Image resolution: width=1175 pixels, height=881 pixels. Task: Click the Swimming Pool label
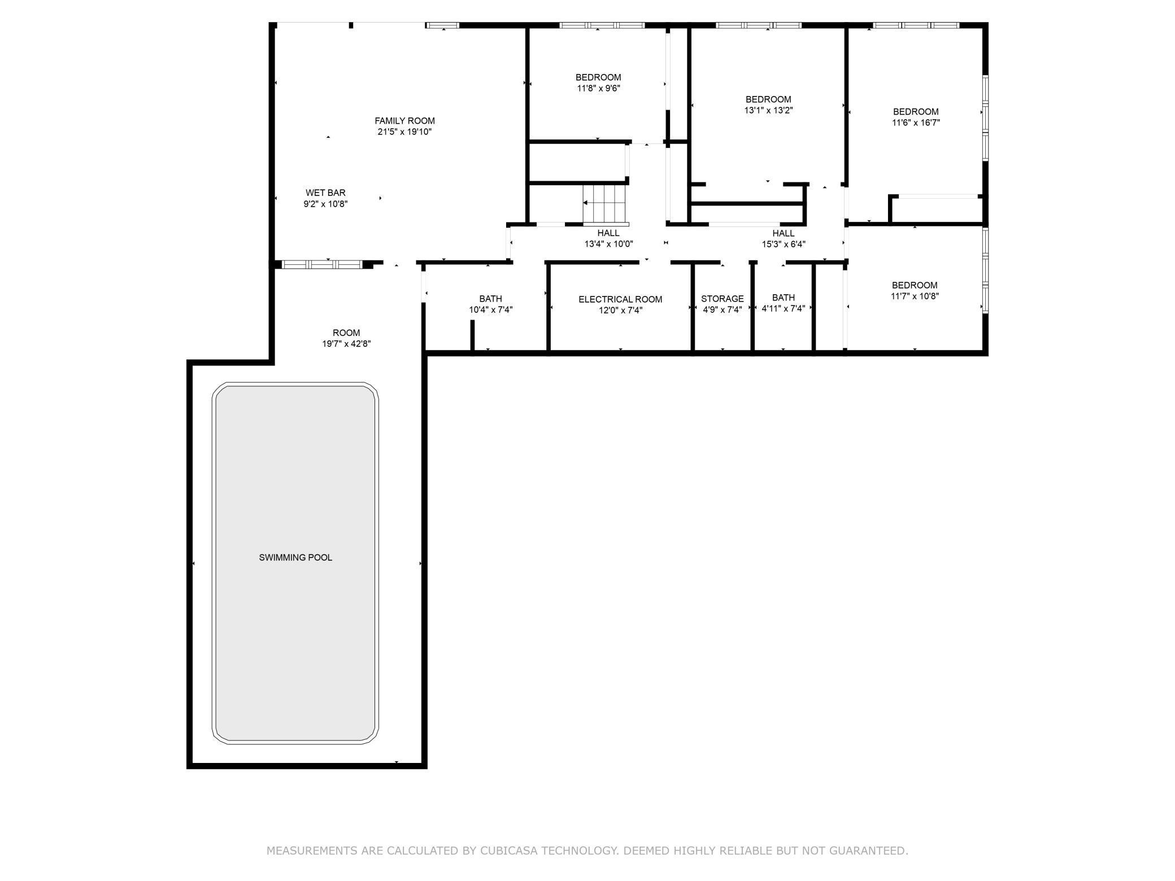pyautogui.click(x=295, y=557)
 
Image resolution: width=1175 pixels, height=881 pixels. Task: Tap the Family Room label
pyautogui.click(x=404, y=121)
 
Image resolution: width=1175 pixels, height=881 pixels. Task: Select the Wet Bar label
pyautogui.click(x=325, y=193)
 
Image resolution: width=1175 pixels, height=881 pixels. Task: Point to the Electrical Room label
pyautogui.click(x=620, y=299)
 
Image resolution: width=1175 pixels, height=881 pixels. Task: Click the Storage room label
pyautogui.click(x=723, y=299)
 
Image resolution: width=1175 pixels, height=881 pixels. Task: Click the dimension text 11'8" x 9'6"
pyautogui.click(x=599, y=88)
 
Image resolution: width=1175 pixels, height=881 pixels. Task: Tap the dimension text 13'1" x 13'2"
pyautogui.click(x=768, y=111)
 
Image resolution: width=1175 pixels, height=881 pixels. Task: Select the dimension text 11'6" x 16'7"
pyautogui.click(x=916, y=123)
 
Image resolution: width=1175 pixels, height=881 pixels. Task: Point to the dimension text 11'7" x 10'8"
pyautogui.click(x=915, y=296)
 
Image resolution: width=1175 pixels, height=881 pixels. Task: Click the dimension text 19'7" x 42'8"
pyautogui.click(x=346, y=344)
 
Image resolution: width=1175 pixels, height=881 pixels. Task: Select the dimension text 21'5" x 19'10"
pyautogui.click(x=404, y=132)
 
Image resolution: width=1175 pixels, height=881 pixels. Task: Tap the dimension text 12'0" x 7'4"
pyautogui.click(x=620, y=310)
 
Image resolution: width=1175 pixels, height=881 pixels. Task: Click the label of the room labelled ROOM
pyautogui.click(x=346, y=333)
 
